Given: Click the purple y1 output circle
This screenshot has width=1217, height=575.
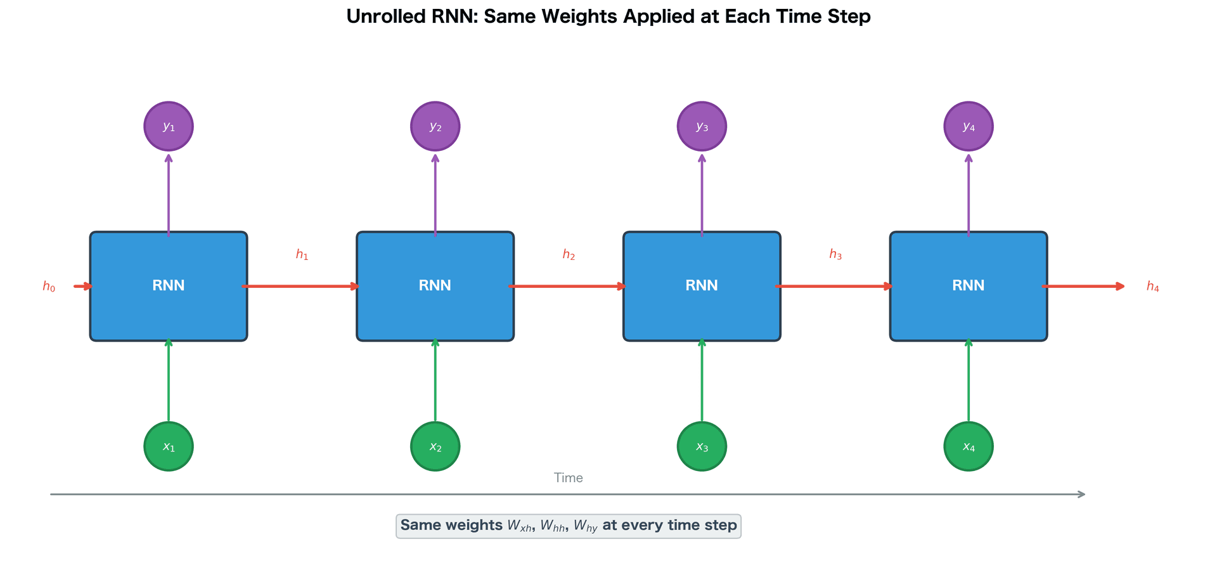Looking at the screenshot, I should coord(169,126).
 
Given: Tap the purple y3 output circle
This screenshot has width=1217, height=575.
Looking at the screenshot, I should coord(702,126).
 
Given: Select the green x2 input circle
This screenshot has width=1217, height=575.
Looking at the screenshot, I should coord(435,446).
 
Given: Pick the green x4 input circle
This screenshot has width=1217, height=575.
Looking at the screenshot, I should coord(968,446).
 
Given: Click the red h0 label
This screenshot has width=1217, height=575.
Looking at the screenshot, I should coord(49,287).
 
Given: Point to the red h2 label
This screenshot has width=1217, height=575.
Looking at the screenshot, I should coord(569,255).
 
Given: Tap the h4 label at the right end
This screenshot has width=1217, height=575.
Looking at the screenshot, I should coord(1152,287).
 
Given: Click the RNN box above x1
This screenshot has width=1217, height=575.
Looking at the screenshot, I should coord(169,286).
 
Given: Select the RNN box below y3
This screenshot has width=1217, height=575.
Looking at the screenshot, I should coord(702,286).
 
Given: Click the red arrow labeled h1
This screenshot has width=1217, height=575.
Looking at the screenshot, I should coord(302,287).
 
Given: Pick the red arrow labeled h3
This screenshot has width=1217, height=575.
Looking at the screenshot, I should coord(835,287).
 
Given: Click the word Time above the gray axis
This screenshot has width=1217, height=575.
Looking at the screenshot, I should coord(568,478).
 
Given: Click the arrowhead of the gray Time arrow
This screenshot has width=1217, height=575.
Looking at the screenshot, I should coord(1081,494).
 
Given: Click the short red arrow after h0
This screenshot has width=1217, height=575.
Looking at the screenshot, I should coord(83,287).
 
